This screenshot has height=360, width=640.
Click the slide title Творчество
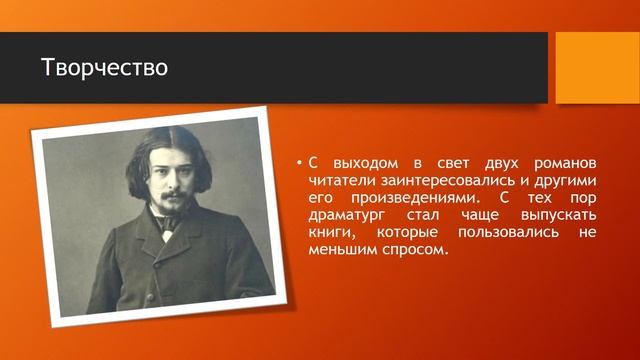point(104,68)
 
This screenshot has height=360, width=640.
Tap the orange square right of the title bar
point(597,67)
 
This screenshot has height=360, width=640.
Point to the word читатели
point(340,181)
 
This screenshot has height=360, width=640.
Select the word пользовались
point(503,232)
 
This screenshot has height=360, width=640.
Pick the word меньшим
point(339,249)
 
